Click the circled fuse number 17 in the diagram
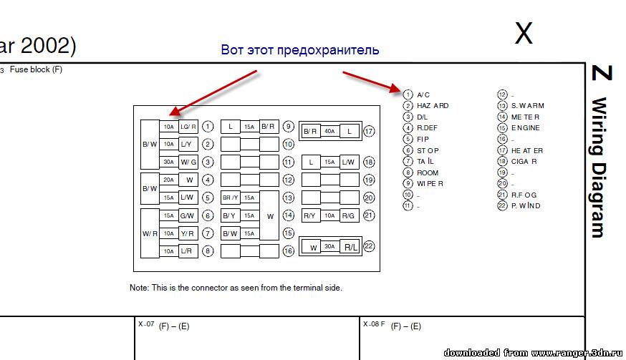[370, 132]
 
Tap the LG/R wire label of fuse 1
[188, 127]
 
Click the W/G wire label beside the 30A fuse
[188, 162]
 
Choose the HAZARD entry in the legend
[433, 106]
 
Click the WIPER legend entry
[430, 184]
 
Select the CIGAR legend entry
[524, 162]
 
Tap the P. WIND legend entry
[526, 206]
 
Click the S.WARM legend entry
[528, 106]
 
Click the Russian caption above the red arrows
[300, 51]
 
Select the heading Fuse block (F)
[36, 70]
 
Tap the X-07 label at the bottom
[146, 324]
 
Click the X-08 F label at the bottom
[373, 324]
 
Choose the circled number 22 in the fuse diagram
[370, 246]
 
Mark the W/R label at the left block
[149, 233]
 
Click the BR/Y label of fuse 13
[231, 198]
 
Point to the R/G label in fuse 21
[349, 215]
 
